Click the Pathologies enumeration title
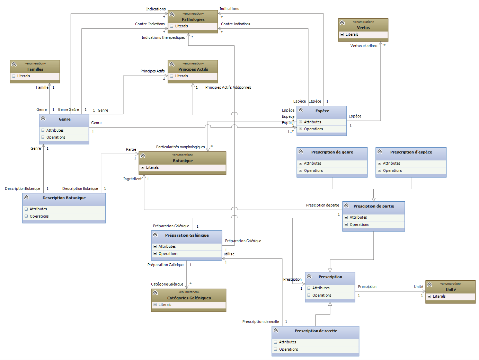coord(193,19)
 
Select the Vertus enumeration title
coord(363,28)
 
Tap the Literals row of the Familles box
coord(24,76)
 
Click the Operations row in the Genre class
coord(56,137)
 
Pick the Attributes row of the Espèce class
coord(312,122)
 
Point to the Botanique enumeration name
coord(183,161)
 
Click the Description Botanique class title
coord(64,198)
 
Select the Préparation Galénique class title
coord(187,235)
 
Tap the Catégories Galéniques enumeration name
coord(189,298)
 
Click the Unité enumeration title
coord(451,290)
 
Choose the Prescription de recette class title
coord(316,331)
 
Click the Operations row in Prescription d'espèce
coord(392,170)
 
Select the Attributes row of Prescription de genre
coord(312,163)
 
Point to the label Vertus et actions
coord(364,46)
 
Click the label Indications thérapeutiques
coord(163,37)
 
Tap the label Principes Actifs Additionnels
coord(228,87)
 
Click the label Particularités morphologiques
coord(180,147)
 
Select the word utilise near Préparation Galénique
coord(229,254)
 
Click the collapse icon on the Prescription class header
coord(309,276)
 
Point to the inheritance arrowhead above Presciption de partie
coord(374,199)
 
